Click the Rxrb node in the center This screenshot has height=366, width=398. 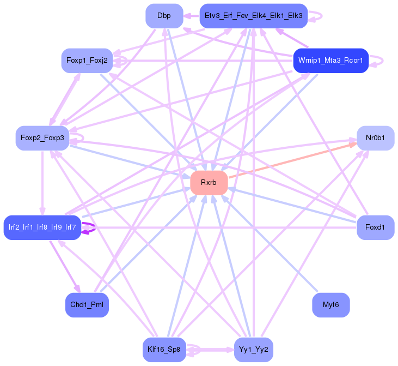[x=209, y=183]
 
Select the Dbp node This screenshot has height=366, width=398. [x=164, y=16]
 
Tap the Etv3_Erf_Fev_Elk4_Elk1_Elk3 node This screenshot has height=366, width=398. [x=254, y=16]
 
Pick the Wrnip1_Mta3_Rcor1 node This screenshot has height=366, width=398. [x=331, y=60]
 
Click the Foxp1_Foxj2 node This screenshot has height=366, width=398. [x=87, y=61]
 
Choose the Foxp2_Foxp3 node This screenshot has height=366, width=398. [x=42, y=138]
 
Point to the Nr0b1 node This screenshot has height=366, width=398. [x=375, y=138]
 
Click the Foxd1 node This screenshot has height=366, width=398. [x=375, y=226]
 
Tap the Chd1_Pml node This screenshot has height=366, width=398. [x=87, y=304]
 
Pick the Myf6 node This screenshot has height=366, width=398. [x=331, y=304]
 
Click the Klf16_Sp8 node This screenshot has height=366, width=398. [x=164, y=349]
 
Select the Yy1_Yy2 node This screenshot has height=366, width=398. [x=254, y=349]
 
